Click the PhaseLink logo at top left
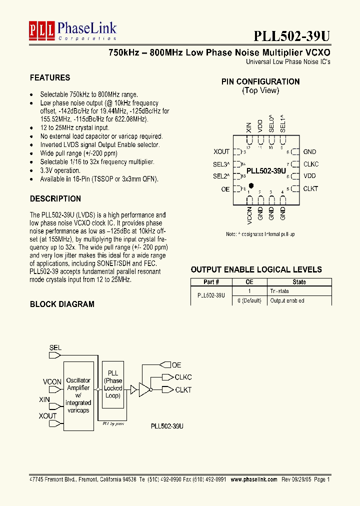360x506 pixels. (x=72, y=30)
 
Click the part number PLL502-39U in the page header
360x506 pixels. (x=291, y=35)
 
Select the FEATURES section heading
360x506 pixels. (x=50, y=77)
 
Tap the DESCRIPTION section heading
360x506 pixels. (x=55, y=199)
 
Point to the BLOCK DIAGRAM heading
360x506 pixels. (x=62, y=304)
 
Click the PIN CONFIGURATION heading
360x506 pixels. (x=260, y=81)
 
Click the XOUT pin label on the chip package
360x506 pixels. (x=221, y=151)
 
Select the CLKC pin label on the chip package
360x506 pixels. (x=310, y=164)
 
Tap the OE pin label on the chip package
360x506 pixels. (x=225, y=189)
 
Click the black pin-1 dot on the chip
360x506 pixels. (x=250, y=185)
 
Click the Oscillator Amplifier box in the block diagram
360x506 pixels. (x=78, y=395)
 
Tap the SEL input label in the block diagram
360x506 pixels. (x=55, y=347)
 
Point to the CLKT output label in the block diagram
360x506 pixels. (x=183, y=389)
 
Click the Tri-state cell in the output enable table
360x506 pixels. (x=279, y=291)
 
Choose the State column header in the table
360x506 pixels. (x=299, y=282)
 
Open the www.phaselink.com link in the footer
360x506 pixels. (x=253, y=479)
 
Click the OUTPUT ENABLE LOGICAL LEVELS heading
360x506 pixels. (x=256, y=269)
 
